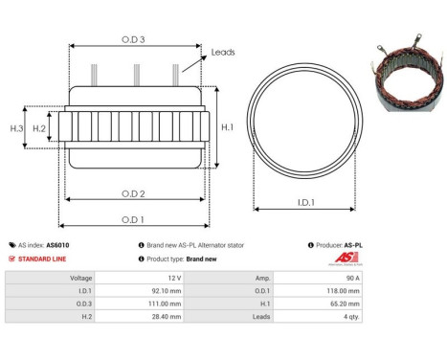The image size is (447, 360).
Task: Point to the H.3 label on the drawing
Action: pos(16,127)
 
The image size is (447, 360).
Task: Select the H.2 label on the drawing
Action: pos(39,127)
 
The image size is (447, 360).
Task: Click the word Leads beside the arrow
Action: pos(222,53)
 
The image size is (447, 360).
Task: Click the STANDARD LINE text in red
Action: pos(44,259)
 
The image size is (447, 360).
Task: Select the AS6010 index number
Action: pos(57,245)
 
